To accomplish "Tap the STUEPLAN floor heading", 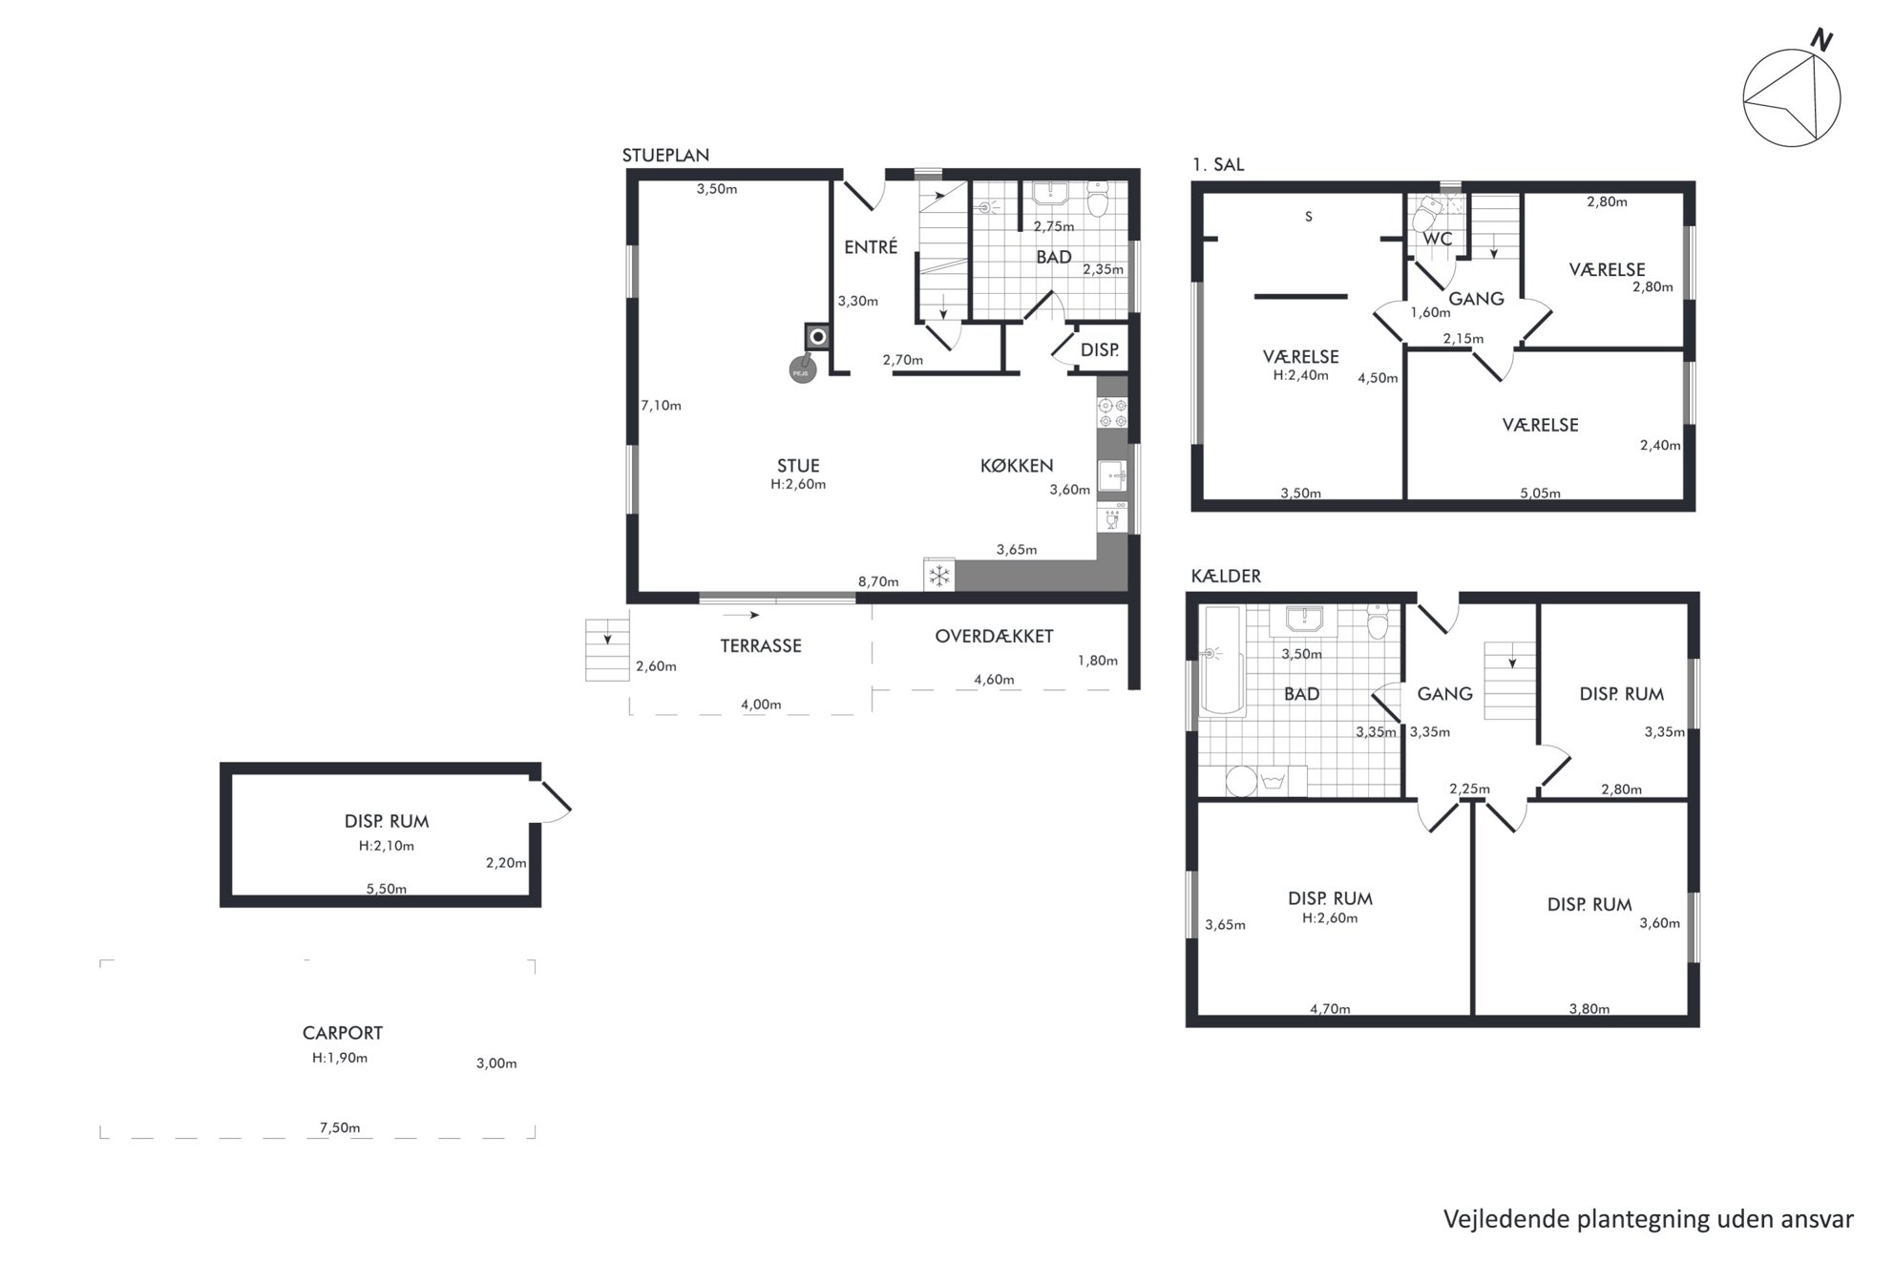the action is pyautogui.click(x=665, y=156).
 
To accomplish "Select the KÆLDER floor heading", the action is pyautogui.click(x=1226, y=577).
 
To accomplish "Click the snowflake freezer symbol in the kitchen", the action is pyautogui.click(x=939, y=575).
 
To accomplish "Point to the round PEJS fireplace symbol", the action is pyautogui.click(x=802, y=370).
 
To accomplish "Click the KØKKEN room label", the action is pyautogui.click(x=1017, y=466).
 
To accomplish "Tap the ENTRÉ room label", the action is pyautogui.click(x=871, y=247).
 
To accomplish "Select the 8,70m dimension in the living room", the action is pyautogui.click(x=878, y=581).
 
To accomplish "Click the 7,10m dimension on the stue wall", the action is pyautogui.click(x=661, y=406).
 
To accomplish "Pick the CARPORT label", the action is pyautogui.click(x=343, y=1033).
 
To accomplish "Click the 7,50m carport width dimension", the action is pyautogui.click(x=340, y=1127).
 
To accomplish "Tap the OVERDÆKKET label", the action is pyautogui.click(x=994, y=636).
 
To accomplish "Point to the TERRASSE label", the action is pyautogui.click(x=761, y=646).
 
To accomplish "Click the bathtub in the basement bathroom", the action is pyautogui.click(x=1222, y=661).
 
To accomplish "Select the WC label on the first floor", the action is pyautogui.click(x=1438, y=239).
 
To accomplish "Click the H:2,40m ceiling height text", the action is pyautogui.click(x=1300, y=376).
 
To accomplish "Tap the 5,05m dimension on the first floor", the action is pyautogui.click(x=1540, y=494).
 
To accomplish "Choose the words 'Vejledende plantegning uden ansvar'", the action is pyautogui.click(x=1649, y=1219).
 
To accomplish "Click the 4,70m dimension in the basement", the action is pyautogui.click(x=1330, y=1009).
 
